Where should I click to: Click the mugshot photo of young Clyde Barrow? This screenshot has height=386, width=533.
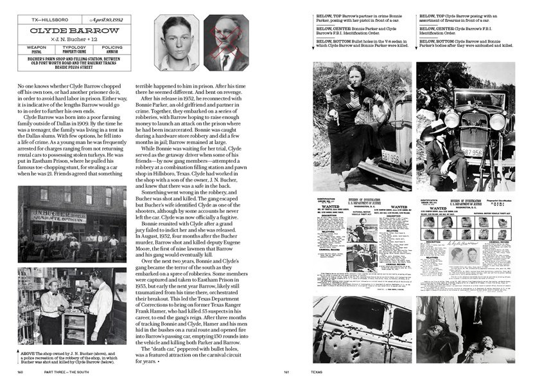coord(179,43)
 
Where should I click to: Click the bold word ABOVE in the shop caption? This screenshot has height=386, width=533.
coord(28,353)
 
